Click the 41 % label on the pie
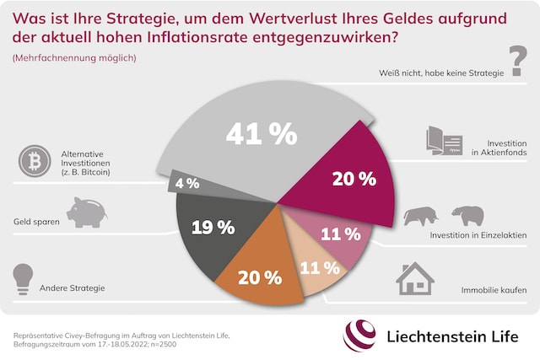click(x=262, y=133)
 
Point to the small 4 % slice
click(x=187, y=182)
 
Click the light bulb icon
click(x=22, y=279)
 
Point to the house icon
click(x=415, y=277)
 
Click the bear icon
click(x=467, y=216)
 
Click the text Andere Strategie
click(x=73, y=288)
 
